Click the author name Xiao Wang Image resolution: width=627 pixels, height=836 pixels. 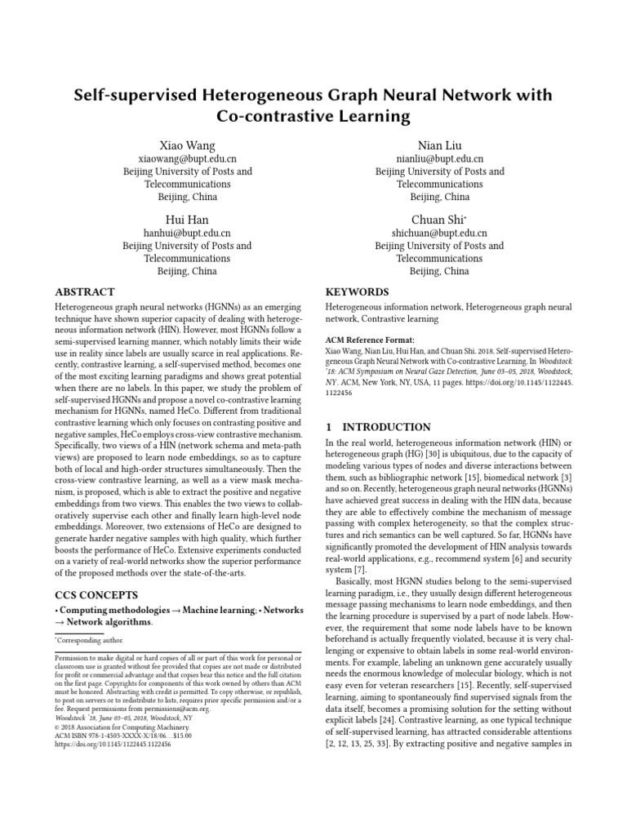(x=187, y=145)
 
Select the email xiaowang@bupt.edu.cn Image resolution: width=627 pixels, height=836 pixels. (x=187, y=159)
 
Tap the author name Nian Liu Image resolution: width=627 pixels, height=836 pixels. (x=439, y=145)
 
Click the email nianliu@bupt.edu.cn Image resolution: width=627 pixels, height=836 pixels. (x=439, y=159)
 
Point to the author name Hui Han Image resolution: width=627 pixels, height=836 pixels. (x=187, y=219)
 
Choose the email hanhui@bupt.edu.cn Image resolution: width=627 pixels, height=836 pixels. (x=187, y=233)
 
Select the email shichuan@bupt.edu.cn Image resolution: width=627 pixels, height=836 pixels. (x=439, y=233)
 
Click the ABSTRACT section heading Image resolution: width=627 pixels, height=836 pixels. (x=84, y=291)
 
